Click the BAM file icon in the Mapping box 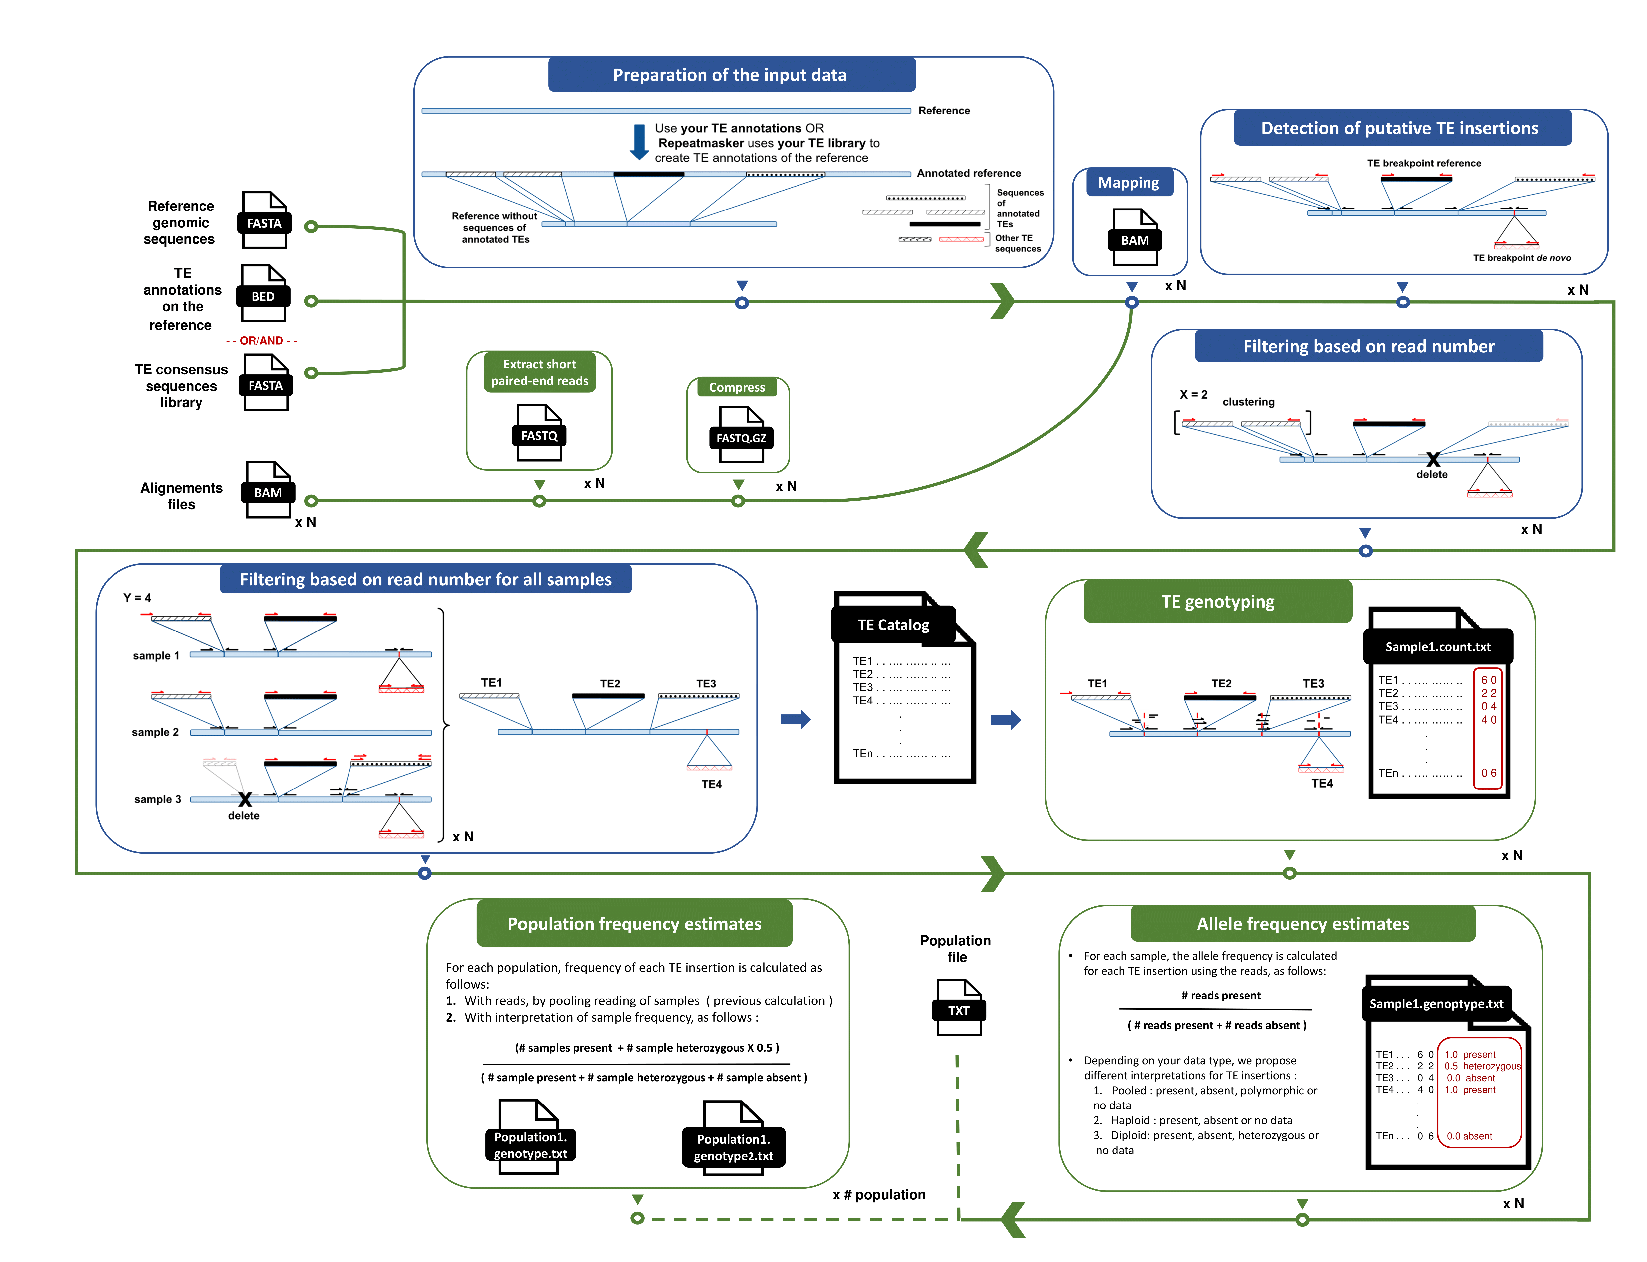pos(1135,237)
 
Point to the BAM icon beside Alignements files pos(268,490)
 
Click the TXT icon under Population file pos(959,1007)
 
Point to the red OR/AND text pos(261,340)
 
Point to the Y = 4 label pos(138,598)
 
